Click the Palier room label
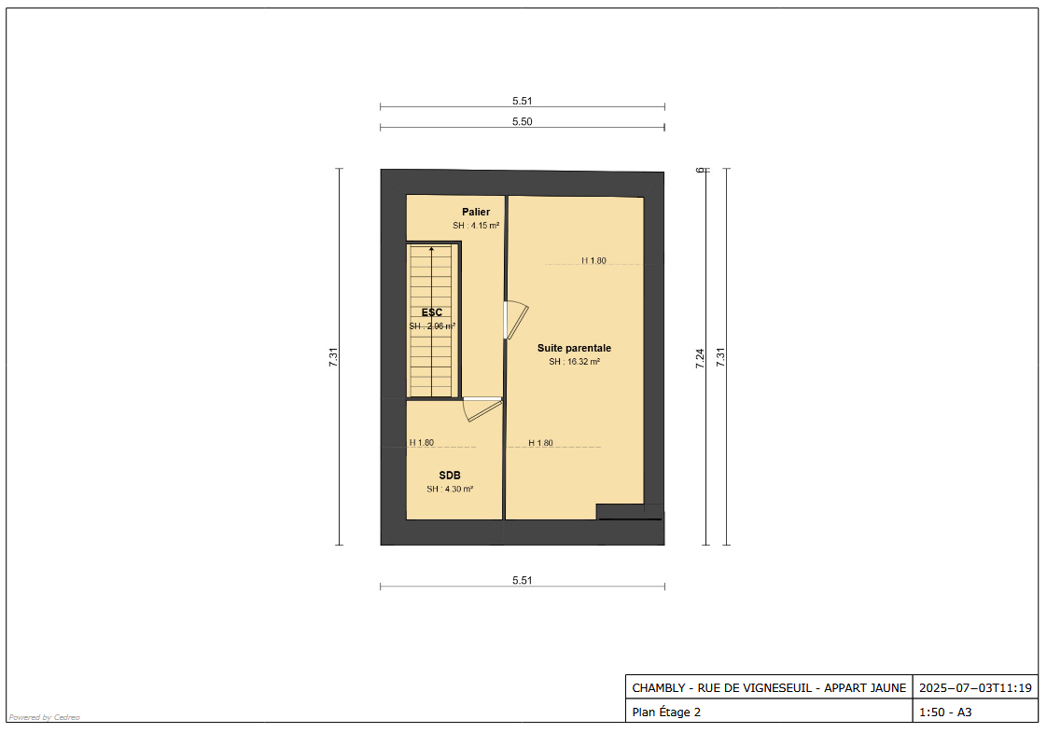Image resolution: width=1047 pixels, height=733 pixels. (476, 213)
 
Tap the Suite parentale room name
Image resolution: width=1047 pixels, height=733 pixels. (574, 348)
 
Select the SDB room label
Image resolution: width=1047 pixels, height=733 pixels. (450, 476)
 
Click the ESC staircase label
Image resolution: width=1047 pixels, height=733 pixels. (432, 312)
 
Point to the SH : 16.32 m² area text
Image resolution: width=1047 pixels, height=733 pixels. (574, 362)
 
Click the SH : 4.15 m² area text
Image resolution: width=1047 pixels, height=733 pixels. (476, 226)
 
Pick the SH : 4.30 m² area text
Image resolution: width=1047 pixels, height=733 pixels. (450, 489)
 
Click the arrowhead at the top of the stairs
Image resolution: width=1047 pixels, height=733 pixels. (431, 249)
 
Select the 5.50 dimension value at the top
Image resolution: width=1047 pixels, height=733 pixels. (522, 122)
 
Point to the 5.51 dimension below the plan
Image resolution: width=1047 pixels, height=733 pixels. (522, 580)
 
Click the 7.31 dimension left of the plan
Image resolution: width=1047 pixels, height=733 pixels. (333, 357)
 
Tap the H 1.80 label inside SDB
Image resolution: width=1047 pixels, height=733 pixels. (422, 443)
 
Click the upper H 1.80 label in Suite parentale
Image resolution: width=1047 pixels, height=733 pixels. (593, 261)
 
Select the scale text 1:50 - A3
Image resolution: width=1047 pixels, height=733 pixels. (945, 712)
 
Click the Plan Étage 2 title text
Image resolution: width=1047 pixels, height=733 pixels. (666, 712)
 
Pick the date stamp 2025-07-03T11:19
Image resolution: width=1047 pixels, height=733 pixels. (975, 688)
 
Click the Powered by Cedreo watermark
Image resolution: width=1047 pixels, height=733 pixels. (45, 717)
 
